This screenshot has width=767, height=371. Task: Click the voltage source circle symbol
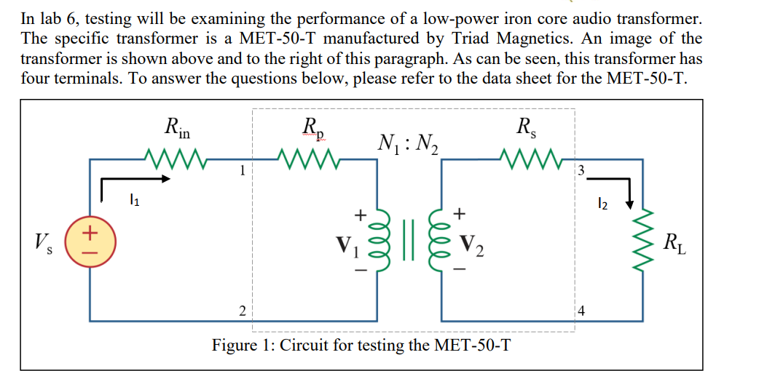90,238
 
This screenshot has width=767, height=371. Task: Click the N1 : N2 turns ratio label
407,143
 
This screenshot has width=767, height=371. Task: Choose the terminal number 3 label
580,171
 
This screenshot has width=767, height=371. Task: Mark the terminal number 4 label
581,311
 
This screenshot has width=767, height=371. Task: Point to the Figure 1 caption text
361,344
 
